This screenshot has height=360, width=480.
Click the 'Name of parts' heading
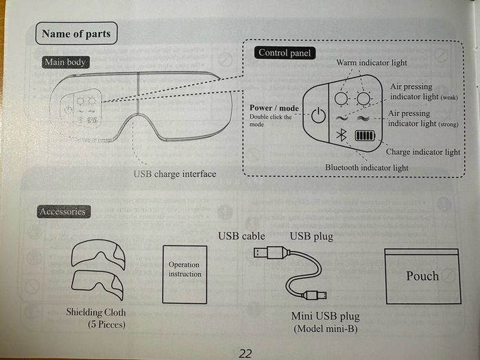pyautogui.click(x=76, y=34)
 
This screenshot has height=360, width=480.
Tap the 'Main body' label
pyautogui.click(x=66, y=62)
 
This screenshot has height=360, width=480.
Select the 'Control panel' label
pyautogui.click(x=285, y=53)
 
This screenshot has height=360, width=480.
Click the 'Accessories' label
pyautogui.click(x=63, y=211)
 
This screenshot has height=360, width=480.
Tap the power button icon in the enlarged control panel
pyautogui.click(x=318, y=115)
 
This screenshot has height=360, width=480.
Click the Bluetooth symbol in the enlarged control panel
pyautogui.click(x=341, y=135)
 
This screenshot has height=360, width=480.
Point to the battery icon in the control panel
pyautogui.click(x=365, y=135)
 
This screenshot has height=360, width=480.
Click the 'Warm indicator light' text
pyautogui.click(x=372, y=63)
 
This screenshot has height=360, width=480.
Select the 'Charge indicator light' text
pyautogui.click(x=423, y=152)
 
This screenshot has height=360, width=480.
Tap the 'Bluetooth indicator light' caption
pyautogui.click(x=367, y=168)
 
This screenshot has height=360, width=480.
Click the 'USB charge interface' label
pyautogui.click(x=175, y=174)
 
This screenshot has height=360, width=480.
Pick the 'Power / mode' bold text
pyautogui.click(x=274, y=108)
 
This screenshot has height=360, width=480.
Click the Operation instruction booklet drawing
pyautogui.click(x=184, y=274)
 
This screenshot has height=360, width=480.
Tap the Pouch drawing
pyautogui.click(x=423, y=276)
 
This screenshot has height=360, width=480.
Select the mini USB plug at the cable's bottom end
pyautogui.click(x=315, y=295)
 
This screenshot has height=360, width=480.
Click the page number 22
pyautogui.click(x=245, y=354)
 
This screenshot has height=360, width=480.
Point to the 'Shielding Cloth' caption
pyautogui.click(x=96, y=312)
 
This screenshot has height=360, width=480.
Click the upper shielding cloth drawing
pyautogui.click(x=98, y=253)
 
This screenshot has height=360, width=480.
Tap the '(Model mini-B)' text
pyautogui.click(x=326, y=328)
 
